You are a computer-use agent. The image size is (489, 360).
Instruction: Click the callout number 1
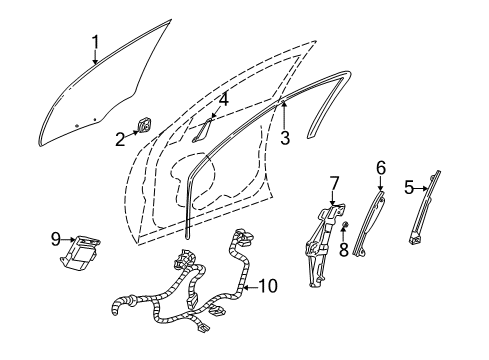(96, 41)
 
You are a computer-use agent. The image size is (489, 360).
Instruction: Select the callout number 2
(120, 139)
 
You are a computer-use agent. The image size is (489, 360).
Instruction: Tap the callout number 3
(285, 139)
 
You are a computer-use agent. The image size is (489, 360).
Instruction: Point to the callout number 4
(224, 100)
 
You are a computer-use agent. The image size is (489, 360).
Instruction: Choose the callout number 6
(380, 169)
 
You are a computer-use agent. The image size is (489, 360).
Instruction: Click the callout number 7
(335, 182)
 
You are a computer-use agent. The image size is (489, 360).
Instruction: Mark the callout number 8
(343, 249)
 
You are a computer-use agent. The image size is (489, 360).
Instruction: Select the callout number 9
(56, 238)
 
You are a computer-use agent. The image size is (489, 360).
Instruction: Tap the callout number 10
(264, 287)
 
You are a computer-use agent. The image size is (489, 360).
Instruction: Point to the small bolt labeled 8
(343, 232)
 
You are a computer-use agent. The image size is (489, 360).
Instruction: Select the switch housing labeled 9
(86, 249)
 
